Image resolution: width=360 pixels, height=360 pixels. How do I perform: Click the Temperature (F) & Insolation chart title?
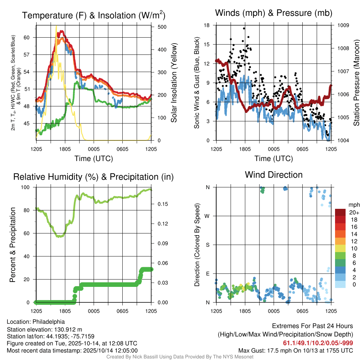[94, 15]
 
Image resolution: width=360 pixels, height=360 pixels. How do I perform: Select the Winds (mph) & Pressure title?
[274, 13]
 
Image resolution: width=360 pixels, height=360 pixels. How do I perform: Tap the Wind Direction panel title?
[274, 175]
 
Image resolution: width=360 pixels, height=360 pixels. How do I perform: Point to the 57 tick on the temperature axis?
[30, 55]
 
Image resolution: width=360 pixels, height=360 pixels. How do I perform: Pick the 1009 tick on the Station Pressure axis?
[343, 25]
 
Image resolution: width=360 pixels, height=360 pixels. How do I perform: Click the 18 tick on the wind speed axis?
[207, 25]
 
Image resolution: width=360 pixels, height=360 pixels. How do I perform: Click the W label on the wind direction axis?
[207, 216]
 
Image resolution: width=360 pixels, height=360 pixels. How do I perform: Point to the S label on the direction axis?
[208, 245]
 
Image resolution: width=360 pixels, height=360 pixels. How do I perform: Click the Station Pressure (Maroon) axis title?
[356, 83]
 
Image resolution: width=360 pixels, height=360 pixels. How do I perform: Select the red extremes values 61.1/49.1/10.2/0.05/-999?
[318, 343]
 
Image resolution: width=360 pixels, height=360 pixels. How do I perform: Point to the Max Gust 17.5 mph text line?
[296, 350]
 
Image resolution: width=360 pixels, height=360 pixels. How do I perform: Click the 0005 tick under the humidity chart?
[93, 311]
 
